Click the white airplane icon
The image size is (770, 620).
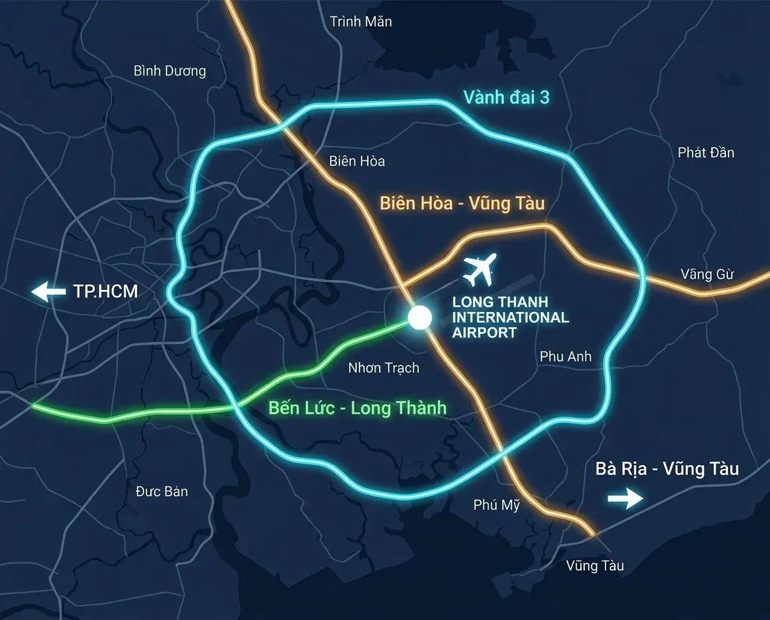tap(481, 269)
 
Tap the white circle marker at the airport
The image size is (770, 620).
tap(420, 317)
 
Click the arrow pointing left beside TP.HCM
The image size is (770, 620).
tap(48, 292)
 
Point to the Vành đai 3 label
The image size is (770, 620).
tap(506, 98)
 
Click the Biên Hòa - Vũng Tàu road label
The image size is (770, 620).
tap(463, 203)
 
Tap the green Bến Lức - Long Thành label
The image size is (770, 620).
tap(357, 408)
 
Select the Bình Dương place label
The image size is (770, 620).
tap(170, 71)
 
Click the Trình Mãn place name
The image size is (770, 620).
tap(361, 22)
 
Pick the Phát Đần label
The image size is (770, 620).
tap(706, 153)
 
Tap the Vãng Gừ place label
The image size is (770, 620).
tap(707, 275)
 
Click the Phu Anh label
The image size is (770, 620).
tap(565, 357)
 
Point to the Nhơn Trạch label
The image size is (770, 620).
tap(384, 368)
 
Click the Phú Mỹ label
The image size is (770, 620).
tap(497, 505)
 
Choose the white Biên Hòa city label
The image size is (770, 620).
tap(357, 162)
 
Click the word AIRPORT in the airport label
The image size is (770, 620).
tap(485, 333)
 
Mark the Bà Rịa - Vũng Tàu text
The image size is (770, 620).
tap(667, 469)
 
